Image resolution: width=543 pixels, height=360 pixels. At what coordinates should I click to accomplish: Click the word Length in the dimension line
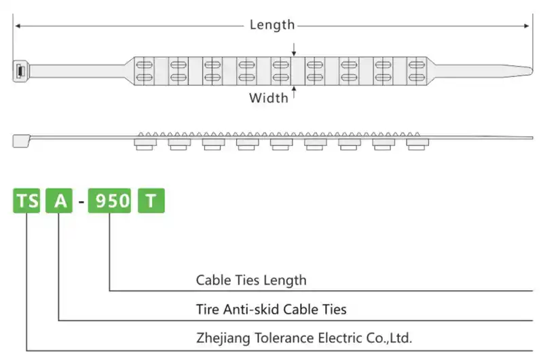point(272,25)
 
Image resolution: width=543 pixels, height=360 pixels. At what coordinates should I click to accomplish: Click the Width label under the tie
point(268,98)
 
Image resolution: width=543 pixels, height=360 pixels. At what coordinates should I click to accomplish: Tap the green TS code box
point(27,201)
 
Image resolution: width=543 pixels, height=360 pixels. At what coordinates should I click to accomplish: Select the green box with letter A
point(59,201)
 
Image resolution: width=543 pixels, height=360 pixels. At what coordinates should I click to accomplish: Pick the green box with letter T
point(151,201)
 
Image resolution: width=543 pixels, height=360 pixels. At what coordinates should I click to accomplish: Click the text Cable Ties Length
point(251,280)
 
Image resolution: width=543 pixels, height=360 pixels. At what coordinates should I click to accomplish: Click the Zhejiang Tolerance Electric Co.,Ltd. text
point(304,338)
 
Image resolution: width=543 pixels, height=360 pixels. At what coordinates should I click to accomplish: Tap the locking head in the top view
point(20,71)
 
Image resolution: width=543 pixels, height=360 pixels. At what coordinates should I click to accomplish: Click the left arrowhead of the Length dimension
point(18,26)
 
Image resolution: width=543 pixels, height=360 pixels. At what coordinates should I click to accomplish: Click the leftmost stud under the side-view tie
point(145,145)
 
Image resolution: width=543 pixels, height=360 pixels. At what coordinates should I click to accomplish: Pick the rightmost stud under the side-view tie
point(416,145)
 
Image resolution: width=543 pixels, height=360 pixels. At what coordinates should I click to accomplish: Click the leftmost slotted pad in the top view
point(145,71)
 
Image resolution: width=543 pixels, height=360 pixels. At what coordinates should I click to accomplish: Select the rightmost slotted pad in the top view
point(416,71)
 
